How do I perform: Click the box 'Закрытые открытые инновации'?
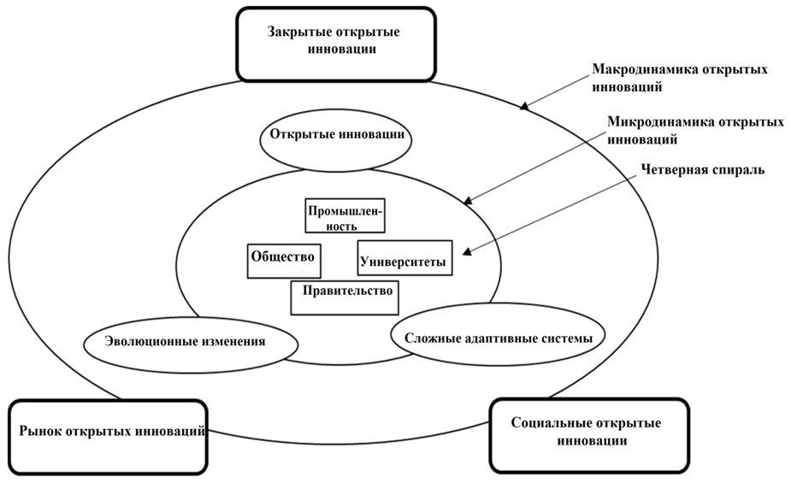coord(334,43)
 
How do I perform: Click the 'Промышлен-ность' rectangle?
coord(344,217)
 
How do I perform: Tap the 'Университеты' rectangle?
coord(404,257)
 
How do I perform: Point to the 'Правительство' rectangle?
coord(346,292)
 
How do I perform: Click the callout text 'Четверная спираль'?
coord(702,169)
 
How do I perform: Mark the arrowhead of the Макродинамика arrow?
coord(523,107)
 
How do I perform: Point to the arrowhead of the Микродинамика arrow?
coord(466,202)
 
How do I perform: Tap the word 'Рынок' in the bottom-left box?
coord(39,430)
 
